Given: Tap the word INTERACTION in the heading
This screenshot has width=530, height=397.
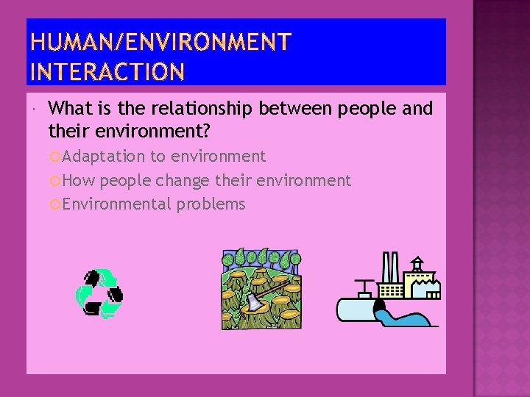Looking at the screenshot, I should pyautogui.click(x=107, y=72).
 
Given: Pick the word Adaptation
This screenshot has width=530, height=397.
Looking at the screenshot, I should pyautogui.click(x=104, y=156).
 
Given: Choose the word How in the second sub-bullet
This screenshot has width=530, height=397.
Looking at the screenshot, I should pyautogui.click(x=79, y=180).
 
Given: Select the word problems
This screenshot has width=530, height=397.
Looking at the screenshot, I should pyautogui.click(x=211, y=204).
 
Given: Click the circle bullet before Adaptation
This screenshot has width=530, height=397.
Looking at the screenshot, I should pyautogui.click(x=54, y=157).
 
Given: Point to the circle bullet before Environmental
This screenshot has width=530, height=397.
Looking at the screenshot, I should pyautogui.click(x=54, y=204).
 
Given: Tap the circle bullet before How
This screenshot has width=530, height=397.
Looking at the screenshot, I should pyautogui.click(x=54, y=181).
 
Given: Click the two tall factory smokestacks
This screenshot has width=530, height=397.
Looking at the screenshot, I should pyautogui.click(x=391, y=268).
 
